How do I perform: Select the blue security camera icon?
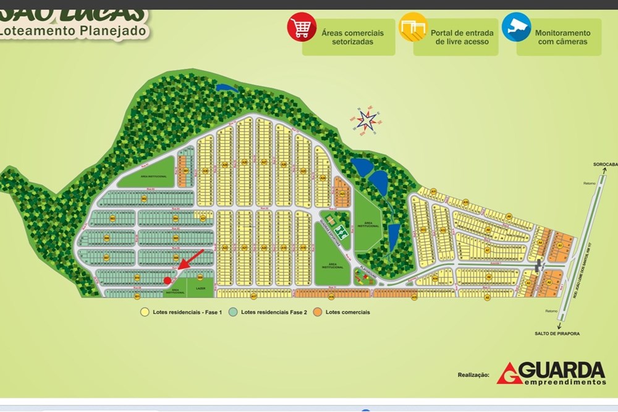coord(516,27)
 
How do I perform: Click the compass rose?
coord(366,120)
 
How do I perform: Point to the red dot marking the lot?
coord(167,280)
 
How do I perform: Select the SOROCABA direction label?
coord(605,164)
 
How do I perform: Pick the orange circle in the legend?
coord(318,312)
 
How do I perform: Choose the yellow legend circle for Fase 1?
coord(145,312)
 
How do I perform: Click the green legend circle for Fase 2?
coord(233,312)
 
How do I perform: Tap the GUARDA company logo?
coord(551,373)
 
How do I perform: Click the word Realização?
coord(473,375)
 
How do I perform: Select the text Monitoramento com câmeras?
coord(562,37)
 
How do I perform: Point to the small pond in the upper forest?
coord(226,88)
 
